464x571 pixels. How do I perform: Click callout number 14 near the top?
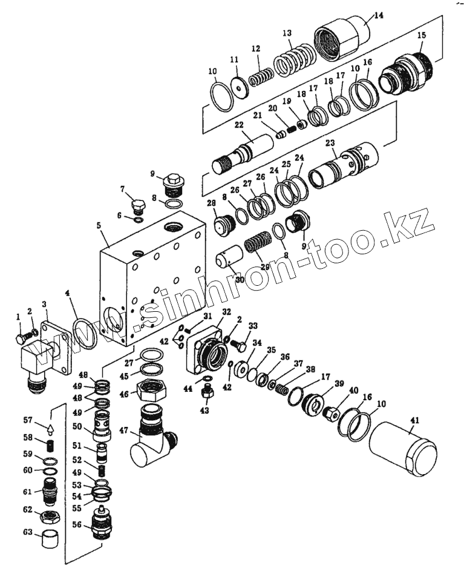(x=379, y=15)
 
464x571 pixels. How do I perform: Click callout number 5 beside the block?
(x=99, y=226)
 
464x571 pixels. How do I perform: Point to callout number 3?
(x=44, y=303)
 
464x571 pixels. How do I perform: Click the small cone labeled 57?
(x=50, y=429)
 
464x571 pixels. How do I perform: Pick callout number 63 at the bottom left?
(x=27, y=533)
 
